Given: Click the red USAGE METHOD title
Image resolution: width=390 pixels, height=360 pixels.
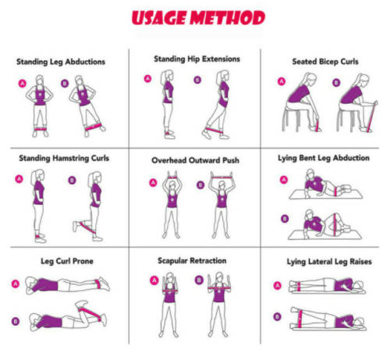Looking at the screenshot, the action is click(x=198, y=18).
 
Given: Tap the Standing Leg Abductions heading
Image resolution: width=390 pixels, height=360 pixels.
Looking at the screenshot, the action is click(x=61, y=62).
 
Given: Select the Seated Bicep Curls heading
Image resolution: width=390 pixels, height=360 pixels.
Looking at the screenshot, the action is click(x=325, y=62).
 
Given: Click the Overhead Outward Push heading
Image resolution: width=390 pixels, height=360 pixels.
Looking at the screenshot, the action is click(x=195, y=160).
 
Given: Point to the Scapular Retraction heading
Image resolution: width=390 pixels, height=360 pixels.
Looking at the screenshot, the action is click(x=192, y=261).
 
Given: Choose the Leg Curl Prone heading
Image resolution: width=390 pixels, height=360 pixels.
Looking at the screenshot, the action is click(x=67, y=261).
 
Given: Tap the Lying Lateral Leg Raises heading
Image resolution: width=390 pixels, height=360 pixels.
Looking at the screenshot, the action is click(x=329, y=262).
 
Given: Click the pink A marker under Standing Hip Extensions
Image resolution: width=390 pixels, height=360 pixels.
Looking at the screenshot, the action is click(x=147, y=79).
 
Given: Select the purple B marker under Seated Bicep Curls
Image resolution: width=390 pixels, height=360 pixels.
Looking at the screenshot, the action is click(x=336, y=83).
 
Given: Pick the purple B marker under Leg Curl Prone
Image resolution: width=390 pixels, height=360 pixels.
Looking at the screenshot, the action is click(x=16, y=321).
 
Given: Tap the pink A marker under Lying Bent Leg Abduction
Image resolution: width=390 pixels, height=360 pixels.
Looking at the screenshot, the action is click(x=284, y=180).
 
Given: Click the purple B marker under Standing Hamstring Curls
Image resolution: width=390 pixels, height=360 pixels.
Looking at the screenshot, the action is click(x=72, y=180).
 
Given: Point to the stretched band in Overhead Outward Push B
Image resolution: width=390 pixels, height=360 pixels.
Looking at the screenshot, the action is click(x=222, y=177).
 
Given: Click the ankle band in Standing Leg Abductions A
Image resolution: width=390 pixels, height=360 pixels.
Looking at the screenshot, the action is click(x=41, y=129).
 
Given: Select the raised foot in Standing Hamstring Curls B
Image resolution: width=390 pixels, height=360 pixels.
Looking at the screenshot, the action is click(x=75, y=226).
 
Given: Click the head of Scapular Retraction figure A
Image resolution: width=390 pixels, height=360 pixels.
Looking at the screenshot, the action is click(x=170, y=278).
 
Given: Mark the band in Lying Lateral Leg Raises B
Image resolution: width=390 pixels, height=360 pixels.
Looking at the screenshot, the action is click(x=300, y=319).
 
